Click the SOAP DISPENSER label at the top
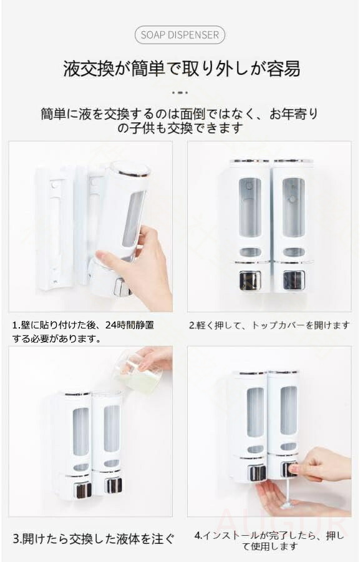pos(180,35)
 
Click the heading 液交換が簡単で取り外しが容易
pos(182,68)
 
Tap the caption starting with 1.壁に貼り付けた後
pos(83,332)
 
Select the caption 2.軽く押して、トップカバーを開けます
pos(269,325)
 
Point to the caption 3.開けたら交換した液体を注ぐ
pos(94,538)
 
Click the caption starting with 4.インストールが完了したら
pos(269,541)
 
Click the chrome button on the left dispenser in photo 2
pos(250,280)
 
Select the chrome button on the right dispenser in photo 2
pos(294,280)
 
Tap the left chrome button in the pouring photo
pos(83,490)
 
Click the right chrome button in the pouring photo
pos(113,485)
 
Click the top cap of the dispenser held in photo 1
pos(130,169)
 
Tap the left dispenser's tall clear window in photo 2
pos(250,207)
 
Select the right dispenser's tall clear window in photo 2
pos(293,207)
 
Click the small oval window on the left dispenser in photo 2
pos(250,252)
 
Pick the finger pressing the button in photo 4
pos(299,468)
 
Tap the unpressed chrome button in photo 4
pos(257,473)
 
